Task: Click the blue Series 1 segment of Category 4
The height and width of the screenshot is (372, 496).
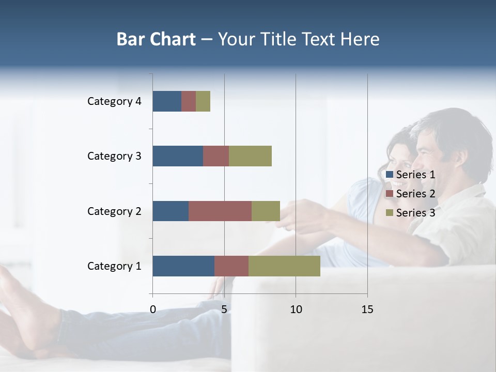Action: coord(167,101)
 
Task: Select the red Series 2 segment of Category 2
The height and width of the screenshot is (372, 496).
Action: coord(220,211)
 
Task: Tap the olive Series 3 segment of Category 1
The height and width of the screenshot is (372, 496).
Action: coord(284,266)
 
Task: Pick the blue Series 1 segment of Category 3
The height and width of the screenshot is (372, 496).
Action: coord(178,156)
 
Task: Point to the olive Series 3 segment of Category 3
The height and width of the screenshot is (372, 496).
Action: coord(250,156)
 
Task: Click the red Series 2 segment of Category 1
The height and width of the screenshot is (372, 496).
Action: coord(231,266)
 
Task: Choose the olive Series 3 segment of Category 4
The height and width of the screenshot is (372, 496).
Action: coord(203,101)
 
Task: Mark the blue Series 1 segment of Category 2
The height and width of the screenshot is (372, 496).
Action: coord(171,211)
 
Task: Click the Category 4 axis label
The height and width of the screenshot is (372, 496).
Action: coord(114,101)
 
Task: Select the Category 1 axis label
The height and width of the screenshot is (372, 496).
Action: coord(114,266)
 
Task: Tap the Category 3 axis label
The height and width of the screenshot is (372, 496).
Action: coord(114,156)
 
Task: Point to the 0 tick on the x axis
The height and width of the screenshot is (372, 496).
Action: coord(153,309)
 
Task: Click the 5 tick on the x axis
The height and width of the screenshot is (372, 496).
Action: coord(224,309)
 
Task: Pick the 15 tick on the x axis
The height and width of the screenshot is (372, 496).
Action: coord(367,309)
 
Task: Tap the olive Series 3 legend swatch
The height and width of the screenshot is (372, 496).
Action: coord(390,213)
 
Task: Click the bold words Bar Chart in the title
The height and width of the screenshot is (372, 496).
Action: coord(156,39)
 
